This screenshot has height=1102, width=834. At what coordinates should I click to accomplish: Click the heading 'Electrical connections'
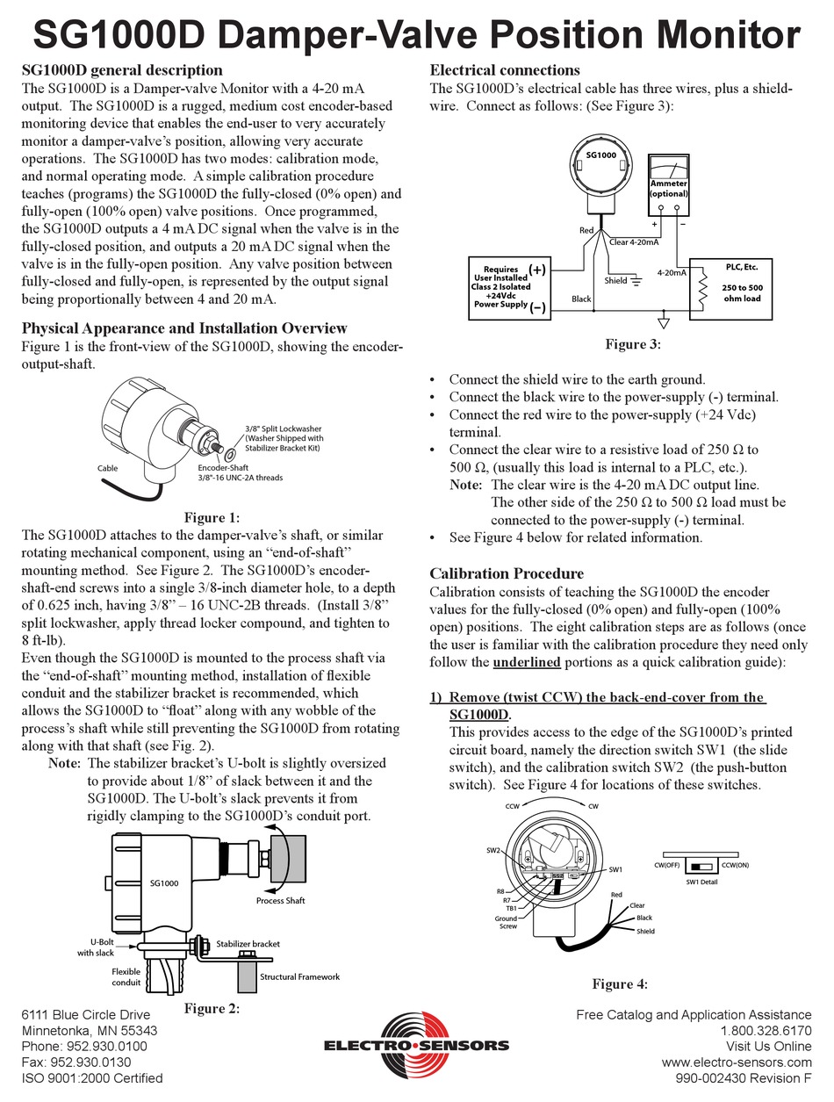click(x=504, y=69)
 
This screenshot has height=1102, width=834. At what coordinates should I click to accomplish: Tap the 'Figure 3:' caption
click(x=631, y=344)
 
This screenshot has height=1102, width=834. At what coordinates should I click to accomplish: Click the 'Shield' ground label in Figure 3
click(x=616, y=281)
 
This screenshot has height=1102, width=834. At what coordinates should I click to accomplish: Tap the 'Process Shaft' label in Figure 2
click(x=280, y=901)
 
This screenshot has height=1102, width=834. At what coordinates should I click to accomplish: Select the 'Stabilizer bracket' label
click(x=248, y=944)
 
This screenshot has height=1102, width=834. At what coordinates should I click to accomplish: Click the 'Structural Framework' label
click(x=299, y=976)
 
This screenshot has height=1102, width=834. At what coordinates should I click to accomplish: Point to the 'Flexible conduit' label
click(x=126, y=977)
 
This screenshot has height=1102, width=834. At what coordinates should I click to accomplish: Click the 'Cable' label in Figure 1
click(x=107, y=469)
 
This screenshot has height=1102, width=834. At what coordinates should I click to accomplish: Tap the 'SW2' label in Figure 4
click(x=492, y=851)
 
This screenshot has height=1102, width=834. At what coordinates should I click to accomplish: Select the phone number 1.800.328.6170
click(x=766, y=1030)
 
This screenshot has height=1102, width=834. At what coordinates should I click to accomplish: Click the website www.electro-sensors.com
click(x=737, y=1062)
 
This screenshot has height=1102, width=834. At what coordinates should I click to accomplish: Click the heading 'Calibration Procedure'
click(x=507, y=573)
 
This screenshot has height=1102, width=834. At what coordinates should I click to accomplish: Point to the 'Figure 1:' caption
click(x=211, y=518)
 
